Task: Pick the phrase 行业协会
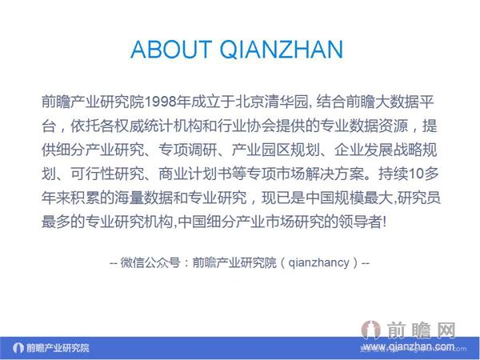pyautogui.click(x=228, y=126)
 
